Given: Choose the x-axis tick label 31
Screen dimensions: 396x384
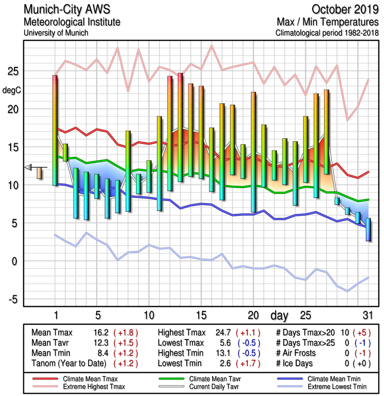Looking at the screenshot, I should (x=368, y=315).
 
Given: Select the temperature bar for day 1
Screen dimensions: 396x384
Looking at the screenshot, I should (x=55, y=130).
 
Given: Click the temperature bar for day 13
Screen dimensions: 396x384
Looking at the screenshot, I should (x=180, y=127).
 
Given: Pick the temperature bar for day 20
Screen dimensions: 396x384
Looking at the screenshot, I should (x=254, y=151).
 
